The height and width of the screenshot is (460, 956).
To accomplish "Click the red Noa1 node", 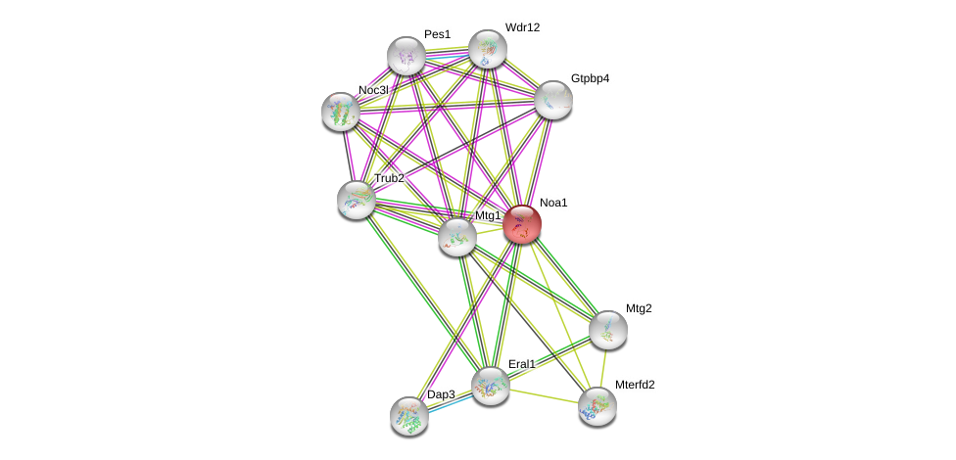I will pyautogui.click(x=522, y=224).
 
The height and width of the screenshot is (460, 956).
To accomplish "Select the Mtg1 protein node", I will pyautogui.click(x=456, y=237).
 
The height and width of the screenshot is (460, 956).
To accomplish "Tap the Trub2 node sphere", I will pyautogui.click(x=357, y=200).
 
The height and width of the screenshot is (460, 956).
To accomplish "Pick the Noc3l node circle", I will pyautogui.click(x=341, y=112).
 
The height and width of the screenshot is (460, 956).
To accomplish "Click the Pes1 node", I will pyautogui.click(x=406, y=56).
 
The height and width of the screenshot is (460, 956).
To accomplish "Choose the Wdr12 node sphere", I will pyautogui.click(x=487, y=49).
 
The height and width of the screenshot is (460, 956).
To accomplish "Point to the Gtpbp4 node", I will pyautogui.click(x=552, y=100).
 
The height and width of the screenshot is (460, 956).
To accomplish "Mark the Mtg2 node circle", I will pyautogui.click(x=607, y=330).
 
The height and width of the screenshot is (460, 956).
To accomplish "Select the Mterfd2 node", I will pyautogui.click(x=597, y=406).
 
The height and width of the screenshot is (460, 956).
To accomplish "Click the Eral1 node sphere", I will pyautogui.click(x=491, y=386).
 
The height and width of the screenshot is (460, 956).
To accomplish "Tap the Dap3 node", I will pyautogui.click(x=409, y=416).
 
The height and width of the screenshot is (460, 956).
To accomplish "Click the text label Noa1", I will pyautogui.click(x=553, y=203).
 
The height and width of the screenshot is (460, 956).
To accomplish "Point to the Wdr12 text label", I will pyautogui.click(x=522, y=27).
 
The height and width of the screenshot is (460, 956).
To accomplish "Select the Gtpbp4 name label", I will pyautogui.click(x=590, y=78).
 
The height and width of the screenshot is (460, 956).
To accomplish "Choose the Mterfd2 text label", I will pyautogui.click(x=635, y=385).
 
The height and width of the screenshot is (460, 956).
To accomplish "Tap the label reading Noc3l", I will pyautogui.click(x=373, y=90).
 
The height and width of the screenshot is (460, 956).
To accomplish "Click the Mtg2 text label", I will pyautogui.click(x=639, y=308).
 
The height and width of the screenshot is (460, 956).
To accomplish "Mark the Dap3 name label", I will pyautogui.click(x=441, y=394).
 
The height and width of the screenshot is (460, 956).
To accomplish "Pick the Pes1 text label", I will pyautogui.click(x=437, y=34).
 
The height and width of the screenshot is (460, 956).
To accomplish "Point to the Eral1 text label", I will pyautogui.click(x=521, y=364).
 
